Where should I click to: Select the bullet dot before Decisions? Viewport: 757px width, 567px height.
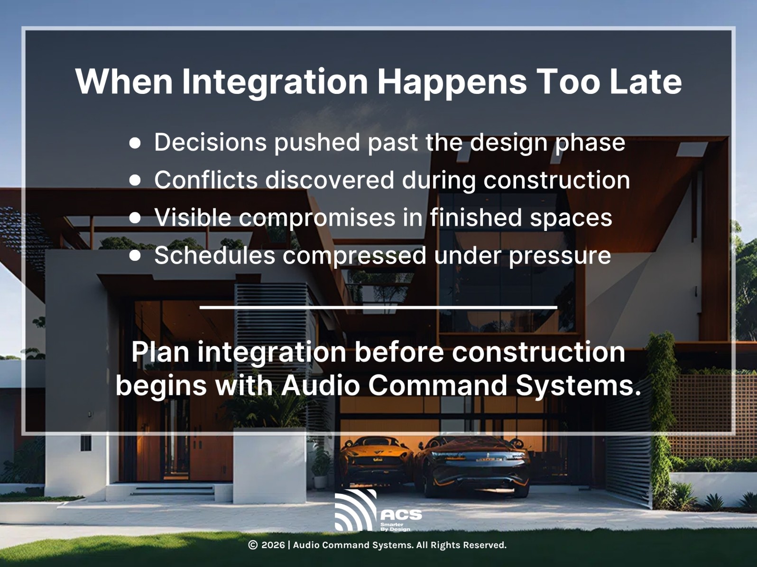point(135,143)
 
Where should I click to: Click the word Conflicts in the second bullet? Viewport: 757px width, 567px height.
point(206,180)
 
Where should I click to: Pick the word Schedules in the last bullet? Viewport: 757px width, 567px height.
point(214,256)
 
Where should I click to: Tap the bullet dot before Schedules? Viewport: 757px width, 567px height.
point(135,256)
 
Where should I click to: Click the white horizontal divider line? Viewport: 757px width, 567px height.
point(378,308)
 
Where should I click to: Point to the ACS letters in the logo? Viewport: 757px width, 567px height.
point(401,515)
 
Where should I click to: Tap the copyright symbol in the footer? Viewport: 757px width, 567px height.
point(253,545)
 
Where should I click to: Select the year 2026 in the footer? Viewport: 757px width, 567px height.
point(273,545)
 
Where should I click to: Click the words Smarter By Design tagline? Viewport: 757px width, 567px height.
point(395,527)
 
